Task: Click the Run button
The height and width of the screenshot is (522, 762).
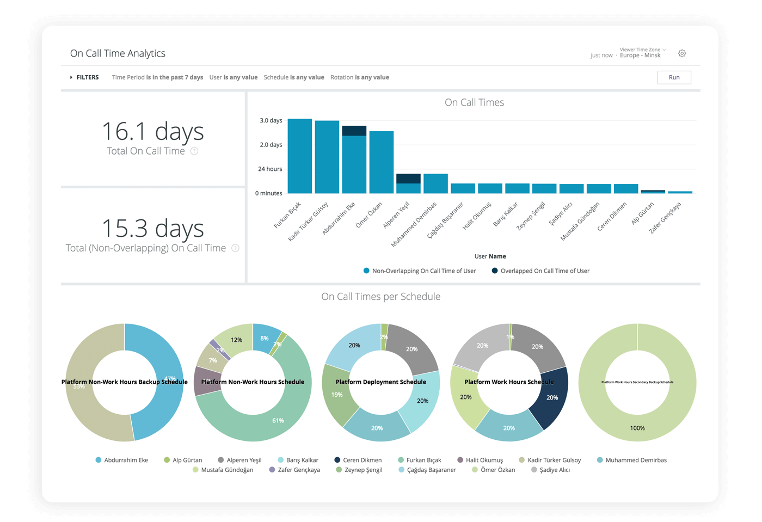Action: (674, 77)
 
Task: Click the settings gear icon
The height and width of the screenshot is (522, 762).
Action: (682, 53)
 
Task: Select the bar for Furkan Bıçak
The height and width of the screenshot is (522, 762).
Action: (299, 156)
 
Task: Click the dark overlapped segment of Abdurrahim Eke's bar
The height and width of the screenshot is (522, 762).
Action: (354, 131)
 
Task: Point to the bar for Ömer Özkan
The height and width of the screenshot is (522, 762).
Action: (381, 162)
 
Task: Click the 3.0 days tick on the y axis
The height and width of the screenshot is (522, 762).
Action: (271, 120)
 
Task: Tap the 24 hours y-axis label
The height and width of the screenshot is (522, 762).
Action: (270, 169)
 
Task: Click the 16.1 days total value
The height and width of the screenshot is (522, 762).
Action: (152, 132)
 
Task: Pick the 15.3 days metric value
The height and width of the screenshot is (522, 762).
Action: (152, 229)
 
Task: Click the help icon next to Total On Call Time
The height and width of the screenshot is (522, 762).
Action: (194, 151)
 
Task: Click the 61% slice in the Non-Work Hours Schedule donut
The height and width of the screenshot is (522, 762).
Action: (278, 420)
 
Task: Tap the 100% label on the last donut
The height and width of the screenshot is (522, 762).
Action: (637, 428)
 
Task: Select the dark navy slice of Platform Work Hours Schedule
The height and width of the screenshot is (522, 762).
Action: (551, 398)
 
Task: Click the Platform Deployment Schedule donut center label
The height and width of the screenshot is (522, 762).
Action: (380, 382)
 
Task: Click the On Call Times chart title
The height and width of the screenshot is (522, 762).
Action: (474, 102)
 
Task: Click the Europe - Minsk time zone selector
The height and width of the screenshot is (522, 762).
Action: (641, 55)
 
